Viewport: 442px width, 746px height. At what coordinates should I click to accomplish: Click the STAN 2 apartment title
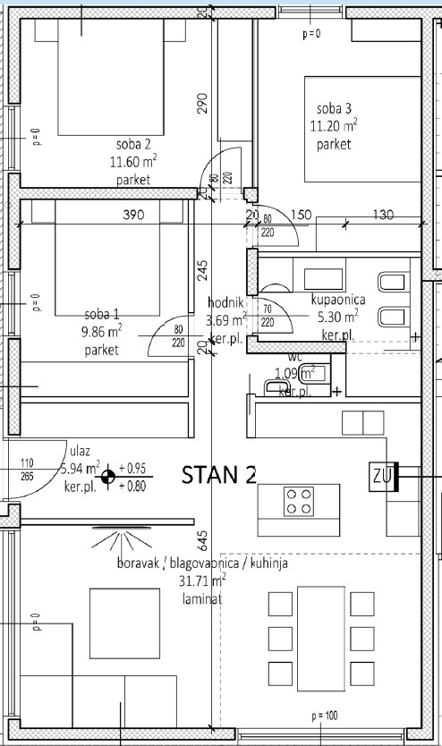(219, 475)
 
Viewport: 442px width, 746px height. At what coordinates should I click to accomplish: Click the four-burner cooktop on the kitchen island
(299, 501)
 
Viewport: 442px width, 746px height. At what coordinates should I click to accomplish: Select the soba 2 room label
(132, 144)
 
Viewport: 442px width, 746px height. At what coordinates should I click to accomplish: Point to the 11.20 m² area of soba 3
(335, 125)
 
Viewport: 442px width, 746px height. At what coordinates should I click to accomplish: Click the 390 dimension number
(132, 216)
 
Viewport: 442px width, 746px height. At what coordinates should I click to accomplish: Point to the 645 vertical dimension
(203, 539)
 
